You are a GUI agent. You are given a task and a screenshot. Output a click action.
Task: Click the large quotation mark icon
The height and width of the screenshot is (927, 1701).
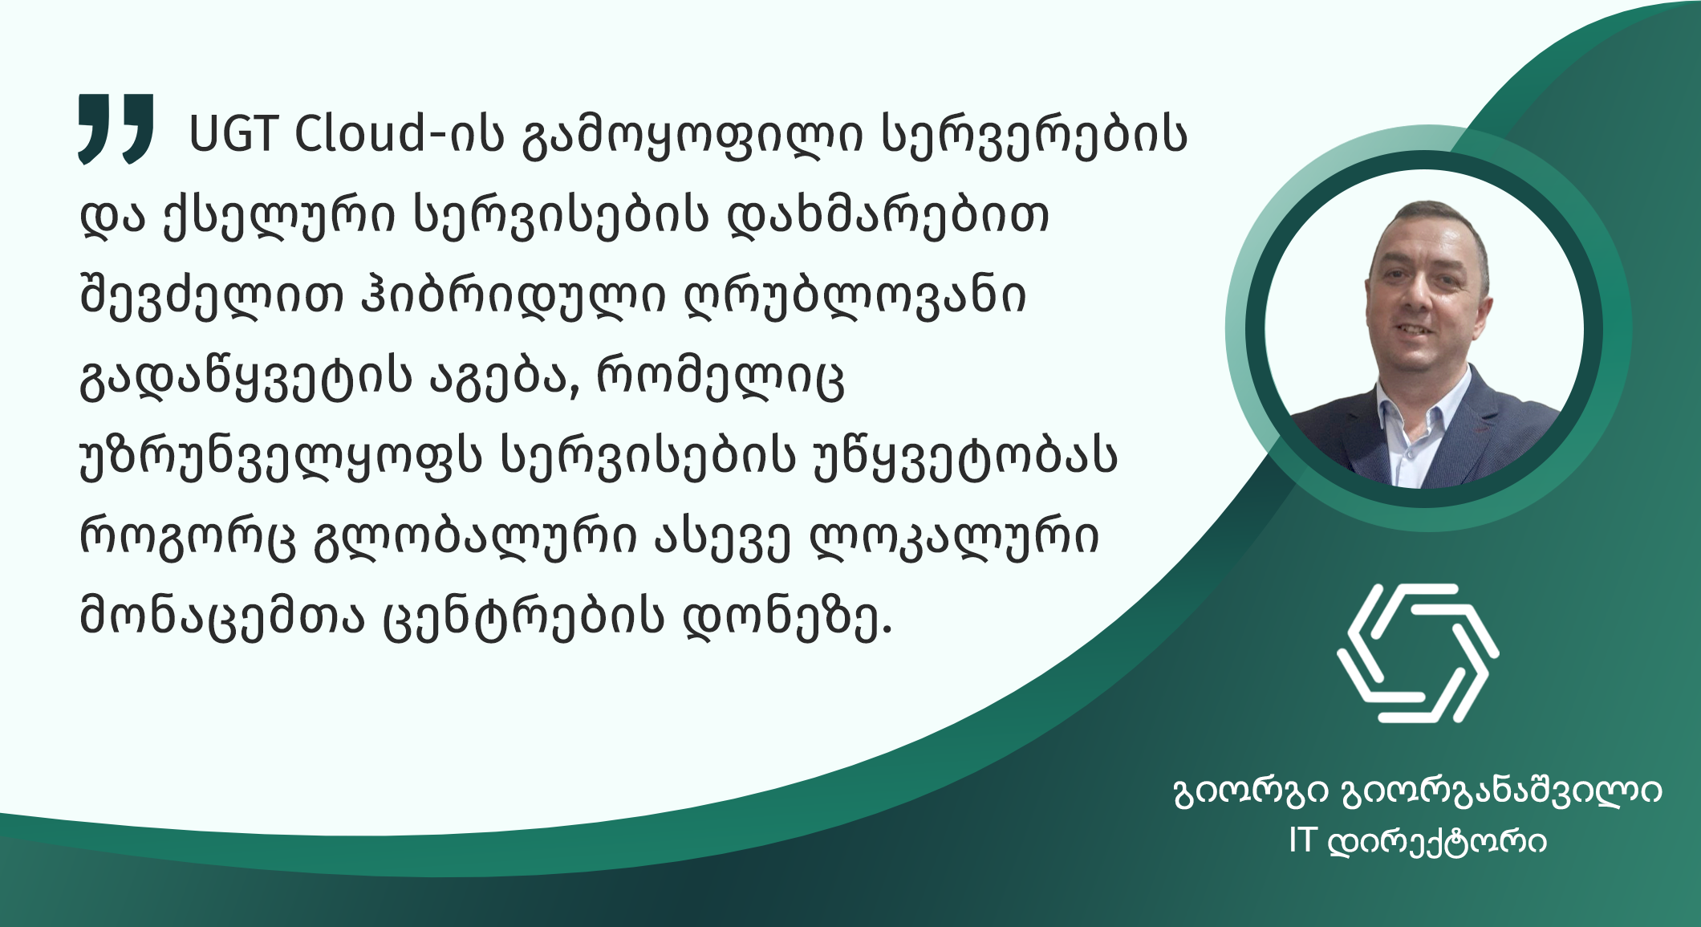click(x=116, y=128)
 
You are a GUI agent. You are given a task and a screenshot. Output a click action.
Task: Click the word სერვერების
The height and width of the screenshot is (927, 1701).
click(x=1034, y=136)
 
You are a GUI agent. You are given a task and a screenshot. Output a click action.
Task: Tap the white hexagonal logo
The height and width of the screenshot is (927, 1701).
click(x=1418, y=653)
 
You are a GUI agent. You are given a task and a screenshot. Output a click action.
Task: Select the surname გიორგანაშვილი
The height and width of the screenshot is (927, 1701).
click(x=1501, y=793)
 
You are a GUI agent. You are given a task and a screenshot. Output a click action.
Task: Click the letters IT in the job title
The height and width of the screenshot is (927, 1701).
click(x=1302, y=840)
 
